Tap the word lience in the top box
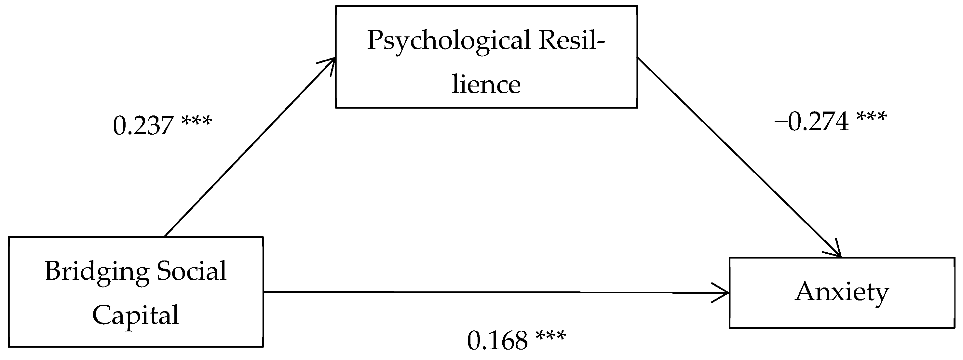[486, 85]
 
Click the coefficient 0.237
[143, 126]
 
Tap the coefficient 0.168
[497, 341]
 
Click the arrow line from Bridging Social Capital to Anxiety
[486, 292]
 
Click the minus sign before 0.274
[780, 123]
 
